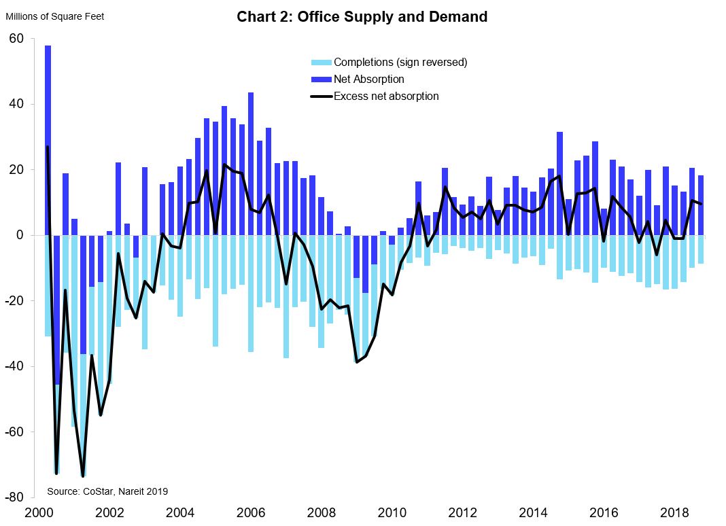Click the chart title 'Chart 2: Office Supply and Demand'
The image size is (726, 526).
[x=362, y=17]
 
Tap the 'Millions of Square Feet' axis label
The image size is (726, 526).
[x=54, y=16]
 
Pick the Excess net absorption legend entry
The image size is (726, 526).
[x=385, y=97]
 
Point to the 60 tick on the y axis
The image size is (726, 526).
[x=16, y=39]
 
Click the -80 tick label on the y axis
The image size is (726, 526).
[x=14, y=497]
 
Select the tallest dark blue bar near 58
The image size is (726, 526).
[x=48, y=136]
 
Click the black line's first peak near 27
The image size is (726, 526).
[x=48, y=147]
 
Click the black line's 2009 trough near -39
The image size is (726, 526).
[x=357, y=362]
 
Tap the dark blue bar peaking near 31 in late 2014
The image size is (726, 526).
[x=559, y=183]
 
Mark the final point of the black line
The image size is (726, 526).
[x=701, y=204]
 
